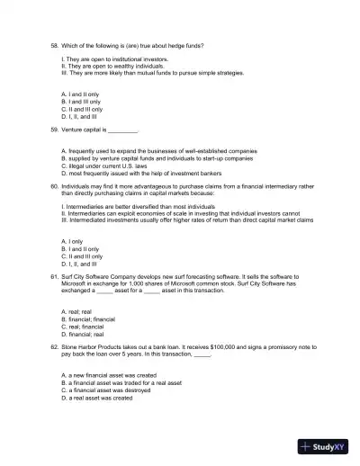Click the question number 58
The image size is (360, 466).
click(x=53, y=43)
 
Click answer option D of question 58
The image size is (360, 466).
click(x=79, y=116)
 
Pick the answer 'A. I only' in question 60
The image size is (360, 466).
click(x=75, y=241)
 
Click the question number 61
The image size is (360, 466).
click(x=53, y=279)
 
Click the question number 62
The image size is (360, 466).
click(x=53, y=347)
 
